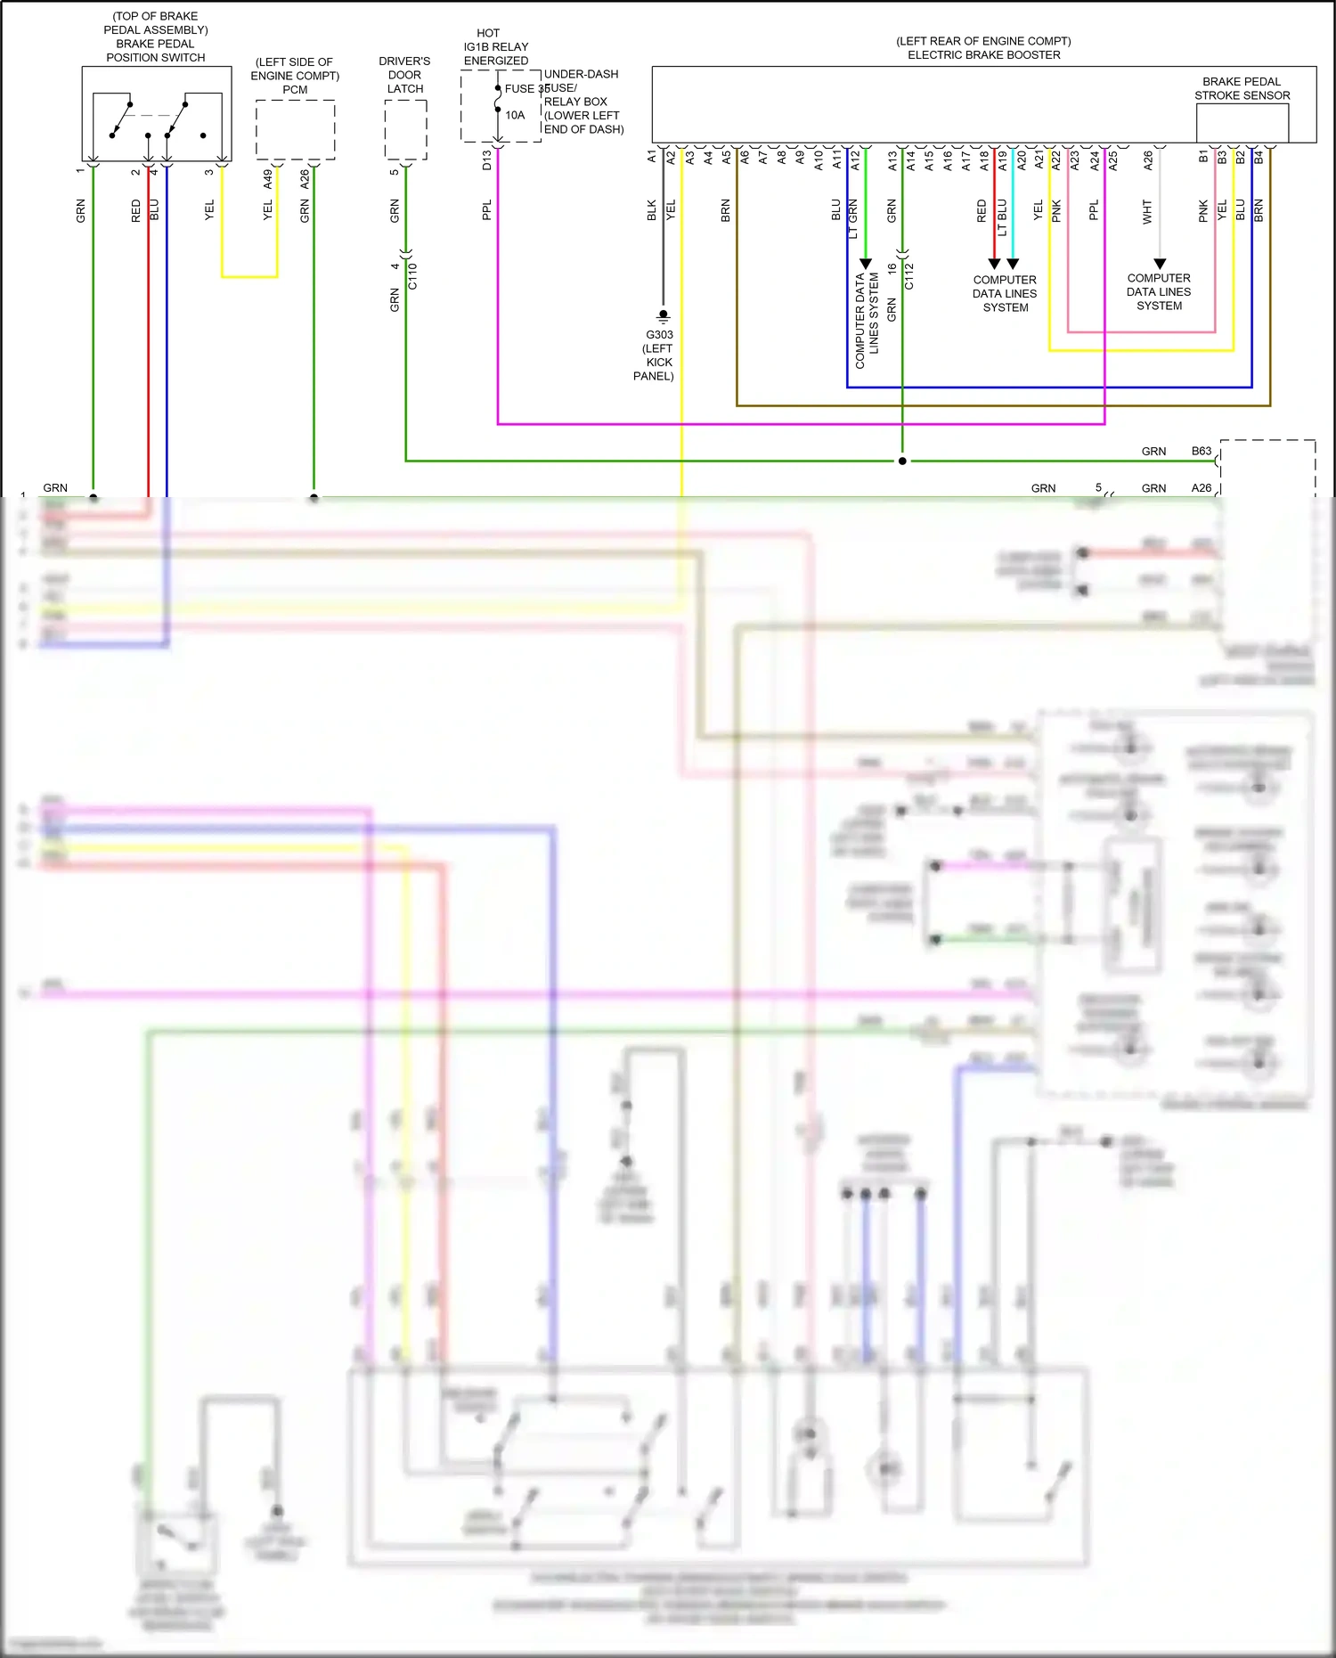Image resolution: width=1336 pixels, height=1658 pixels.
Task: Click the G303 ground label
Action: pyautogui.click(x=659, y=335)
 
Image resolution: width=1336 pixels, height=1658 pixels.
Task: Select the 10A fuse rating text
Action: pyautogui.click(x=515, y=115)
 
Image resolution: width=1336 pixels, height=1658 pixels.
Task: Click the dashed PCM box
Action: pyautogui.click(x=295, y=130)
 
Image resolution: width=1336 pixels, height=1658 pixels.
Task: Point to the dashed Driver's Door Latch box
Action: pyautogui.click(x=405, y=130)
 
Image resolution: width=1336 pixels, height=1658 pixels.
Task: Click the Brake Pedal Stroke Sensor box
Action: pyautogui.click(x=1242, y=123)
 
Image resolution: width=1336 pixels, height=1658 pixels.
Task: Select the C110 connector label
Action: pyautogui.click(x=412, y=276)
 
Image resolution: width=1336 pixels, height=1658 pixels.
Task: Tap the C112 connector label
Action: pyautogui.click(x=909, y=276)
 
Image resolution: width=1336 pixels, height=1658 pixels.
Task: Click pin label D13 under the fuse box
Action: pyautogui.click(x=486, y=160)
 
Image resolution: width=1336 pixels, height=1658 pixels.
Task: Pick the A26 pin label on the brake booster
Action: pyautogui.click(x=1148, y=160)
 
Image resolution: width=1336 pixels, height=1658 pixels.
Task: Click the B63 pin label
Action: pyautogui.click(x=1202, y=451)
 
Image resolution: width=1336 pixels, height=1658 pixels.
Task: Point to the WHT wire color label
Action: pyautogui.click(x=1147, y=211)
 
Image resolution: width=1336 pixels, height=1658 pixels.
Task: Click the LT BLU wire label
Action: pyautogui.click(x=1002, y=217)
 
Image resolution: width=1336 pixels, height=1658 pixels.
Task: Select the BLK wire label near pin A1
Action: pyautogui.click(x=651, y=210)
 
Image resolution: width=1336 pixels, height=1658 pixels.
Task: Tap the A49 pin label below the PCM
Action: pyautogui.click(x=267, y=179)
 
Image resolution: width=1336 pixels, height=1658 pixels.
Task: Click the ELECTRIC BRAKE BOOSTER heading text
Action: pyautogui.click(x=983, y=55)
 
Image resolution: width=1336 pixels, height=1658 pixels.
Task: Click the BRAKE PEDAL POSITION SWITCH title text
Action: pyautogui.click(x=155, y=51)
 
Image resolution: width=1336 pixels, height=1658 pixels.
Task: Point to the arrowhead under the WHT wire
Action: pyautogui.click(x=1160, y=264)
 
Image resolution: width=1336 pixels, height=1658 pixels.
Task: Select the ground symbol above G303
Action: pyautogui.click(x=663, y=316)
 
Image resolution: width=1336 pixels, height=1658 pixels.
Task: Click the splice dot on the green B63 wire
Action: pyautogui.click(x=902, y=461)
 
